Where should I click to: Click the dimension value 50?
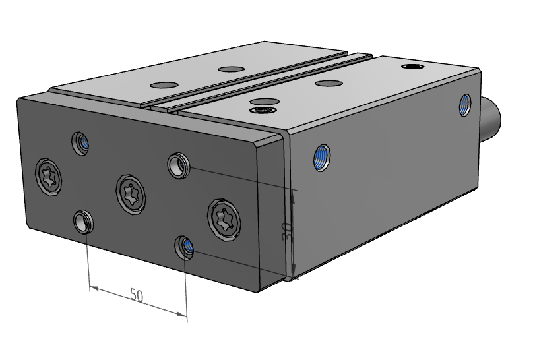coord(137,295)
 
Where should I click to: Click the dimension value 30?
coord(288,231)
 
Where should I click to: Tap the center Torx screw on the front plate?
coord(131,195)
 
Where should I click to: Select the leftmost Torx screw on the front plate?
coord(48,177)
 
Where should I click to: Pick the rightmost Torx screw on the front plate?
coord(224,220)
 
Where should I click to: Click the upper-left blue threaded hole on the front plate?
coord(80,143)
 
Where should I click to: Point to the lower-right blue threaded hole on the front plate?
coord(185,248)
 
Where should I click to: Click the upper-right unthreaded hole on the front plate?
coord(179,165)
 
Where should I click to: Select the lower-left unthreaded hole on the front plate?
coord(83,222)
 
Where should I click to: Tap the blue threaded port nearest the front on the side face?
coord(321,158)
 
